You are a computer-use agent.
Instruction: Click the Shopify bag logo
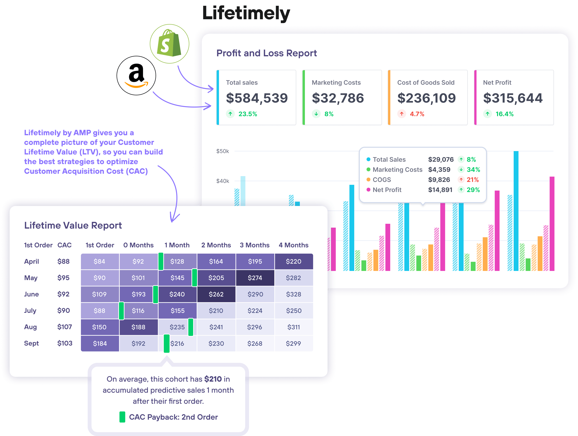pyautogui.click(x=169, y=44)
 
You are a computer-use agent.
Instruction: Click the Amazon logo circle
pyautogui.click(x=136, y=76)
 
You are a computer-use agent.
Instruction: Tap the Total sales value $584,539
pyautogui.click(x=256, y=98)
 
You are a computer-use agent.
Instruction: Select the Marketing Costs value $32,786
pyautogui.click(x=338, y=98)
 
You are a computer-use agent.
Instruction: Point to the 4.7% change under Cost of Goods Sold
pyautogui.click(x=417, y=114)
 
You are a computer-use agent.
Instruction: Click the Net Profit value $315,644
pyautogui.click(x=513, y=98)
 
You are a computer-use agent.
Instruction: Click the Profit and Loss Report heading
pyautogui.click(x=267, y=53)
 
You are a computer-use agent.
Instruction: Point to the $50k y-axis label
pyautogui.click(x=222, y=151)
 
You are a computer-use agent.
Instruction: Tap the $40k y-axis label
pyautogui.click(x=222, y=181)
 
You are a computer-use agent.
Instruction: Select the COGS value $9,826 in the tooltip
pyautogui.click(x=439, y=180)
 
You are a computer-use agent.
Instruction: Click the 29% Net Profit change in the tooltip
pyautogui.click(x=473, y=190)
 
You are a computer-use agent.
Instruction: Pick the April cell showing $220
pyautogui.click(x=293, y=261)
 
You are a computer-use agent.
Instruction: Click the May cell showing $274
pyautogui.click(x=255, y=278)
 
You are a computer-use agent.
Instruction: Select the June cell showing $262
pyautogui.click(x=216, y=294)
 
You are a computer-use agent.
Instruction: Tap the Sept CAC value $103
pyautogui.click(x=65, y=343)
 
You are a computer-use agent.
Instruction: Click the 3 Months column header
pyautogui.click(x=255, y=245)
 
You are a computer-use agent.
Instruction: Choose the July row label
pyautogui.click(x=30, y=311)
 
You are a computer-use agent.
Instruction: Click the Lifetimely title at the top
pyautogui.click(x=246, y=13)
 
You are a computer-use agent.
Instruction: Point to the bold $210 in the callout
pyautogui.click(x=213, y=379)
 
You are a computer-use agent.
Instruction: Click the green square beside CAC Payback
pyautogui.click(x=122, y=417)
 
